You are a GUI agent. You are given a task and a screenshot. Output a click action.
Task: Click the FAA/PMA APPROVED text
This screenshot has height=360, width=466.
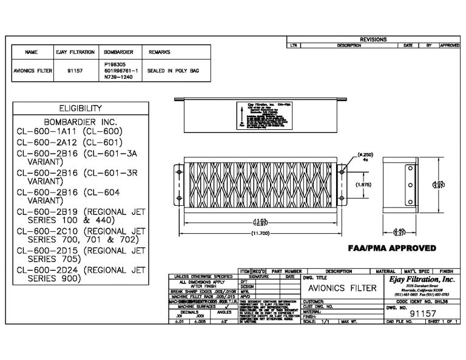click(392, 248)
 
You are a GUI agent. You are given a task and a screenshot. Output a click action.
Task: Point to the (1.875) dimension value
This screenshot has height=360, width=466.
click(346, 185)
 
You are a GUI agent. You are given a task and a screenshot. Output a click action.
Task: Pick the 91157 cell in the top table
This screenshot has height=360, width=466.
click(74, 70)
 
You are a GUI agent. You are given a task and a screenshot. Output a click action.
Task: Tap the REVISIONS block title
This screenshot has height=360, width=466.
click(372, 39)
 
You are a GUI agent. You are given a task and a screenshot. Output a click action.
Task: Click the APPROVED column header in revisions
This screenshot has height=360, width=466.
click(450, 46)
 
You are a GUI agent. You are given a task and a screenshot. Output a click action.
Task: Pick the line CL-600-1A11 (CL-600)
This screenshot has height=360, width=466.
click(70, 131)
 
